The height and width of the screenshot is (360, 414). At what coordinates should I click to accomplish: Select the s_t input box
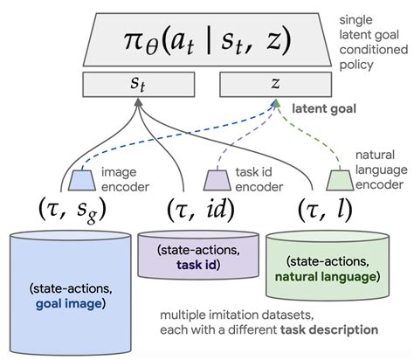point(138,85)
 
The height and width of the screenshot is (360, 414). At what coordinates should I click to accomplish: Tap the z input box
point(277,85)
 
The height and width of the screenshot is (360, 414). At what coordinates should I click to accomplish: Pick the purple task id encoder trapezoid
point(216,179)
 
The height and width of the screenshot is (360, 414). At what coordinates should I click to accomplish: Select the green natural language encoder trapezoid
point(338,179)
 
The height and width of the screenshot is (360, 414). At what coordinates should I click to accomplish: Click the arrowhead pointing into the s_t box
point(138,103)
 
